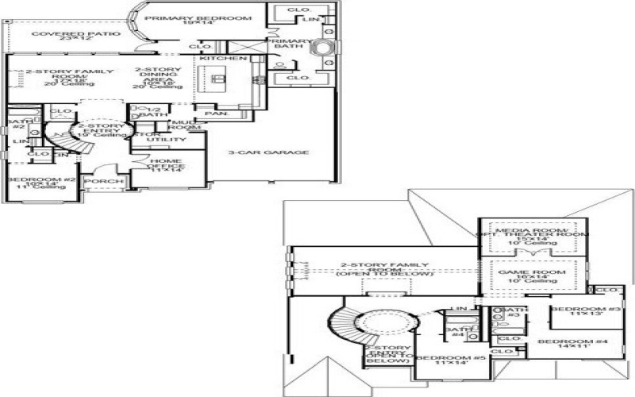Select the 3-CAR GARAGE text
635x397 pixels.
(x=268, y=152)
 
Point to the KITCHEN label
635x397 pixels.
(x=217, y=59)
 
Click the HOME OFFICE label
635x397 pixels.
(x=167, y=164)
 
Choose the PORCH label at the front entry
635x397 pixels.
(x=104, y=182)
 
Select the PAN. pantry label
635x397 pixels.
(x=212, y=114)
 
